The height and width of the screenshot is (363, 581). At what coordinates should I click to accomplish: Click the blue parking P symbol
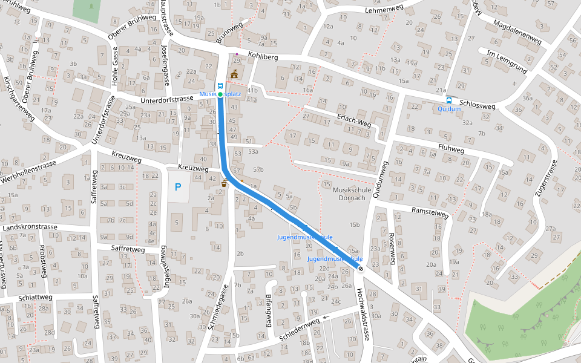click(x=178, y=188)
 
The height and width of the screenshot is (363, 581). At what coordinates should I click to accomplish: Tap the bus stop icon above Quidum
click(x=448, y=100)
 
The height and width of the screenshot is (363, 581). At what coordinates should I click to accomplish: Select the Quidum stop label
click(x=448, y=110)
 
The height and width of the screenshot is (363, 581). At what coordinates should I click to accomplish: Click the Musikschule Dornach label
click(x=349, y=194)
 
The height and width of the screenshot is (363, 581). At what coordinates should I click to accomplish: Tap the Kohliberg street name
click(x=263, y=57)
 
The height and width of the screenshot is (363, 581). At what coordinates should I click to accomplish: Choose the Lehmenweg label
click(x=384, y=9)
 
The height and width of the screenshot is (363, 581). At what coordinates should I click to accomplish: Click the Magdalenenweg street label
click(x=517, y=31)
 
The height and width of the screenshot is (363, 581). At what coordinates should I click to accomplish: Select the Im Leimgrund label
click(x=507, y=62)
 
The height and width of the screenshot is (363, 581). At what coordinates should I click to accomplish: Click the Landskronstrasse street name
click(x=30, y=227)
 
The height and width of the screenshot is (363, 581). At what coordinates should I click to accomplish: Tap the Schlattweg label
click(x=35, y=298)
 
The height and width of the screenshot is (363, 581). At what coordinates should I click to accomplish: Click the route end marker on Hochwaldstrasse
click(x=361, y=269)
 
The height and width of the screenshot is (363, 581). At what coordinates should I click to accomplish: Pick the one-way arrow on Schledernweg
click(x=327, y=316)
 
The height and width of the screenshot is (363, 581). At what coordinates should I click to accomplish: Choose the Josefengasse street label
click(x=165, y=57)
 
